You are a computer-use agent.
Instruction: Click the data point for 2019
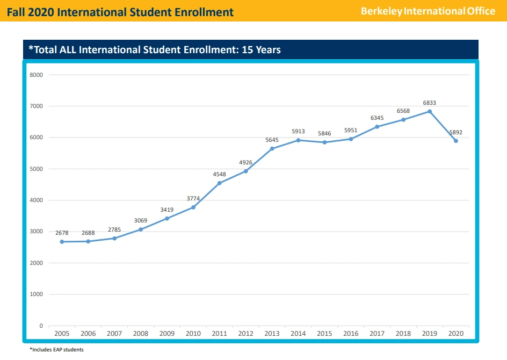(x=430, y=111)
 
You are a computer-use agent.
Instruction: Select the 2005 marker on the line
(x=62, y=242)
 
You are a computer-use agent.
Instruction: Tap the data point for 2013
(x=272, y=149)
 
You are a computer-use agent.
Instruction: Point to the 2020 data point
(x=456, y=141)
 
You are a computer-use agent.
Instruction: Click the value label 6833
(x=430, y=103)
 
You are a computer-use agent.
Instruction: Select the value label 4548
(x=219, y=174)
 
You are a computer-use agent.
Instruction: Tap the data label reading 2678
(x=62, y=233)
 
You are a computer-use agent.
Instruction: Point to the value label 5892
(x=455, y=132)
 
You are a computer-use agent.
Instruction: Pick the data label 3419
(x=166, y=210)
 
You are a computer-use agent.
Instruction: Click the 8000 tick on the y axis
(x=37, y=75)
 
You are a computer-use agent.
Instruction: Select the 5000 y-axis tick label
(x=37, y=169)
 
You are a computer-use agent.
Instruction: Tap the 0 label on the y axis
(x=41, y=326)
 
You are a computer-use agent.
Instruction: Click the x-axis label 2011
(x=219, y=334)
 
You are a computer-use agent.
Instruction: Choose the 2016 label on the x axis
(x=351, y=334)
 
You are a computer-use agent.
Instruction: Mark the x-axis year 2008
(x=141, y=334)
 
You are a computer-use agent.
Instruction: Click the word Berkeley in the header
(x=381, y=11)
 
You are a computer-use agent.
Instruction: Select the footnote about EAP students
(x=56, y=350)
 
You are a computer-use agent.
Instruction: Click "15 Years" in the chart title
(x=261, y=50)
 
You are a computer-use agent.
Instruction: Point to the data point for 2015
(x=324, y=142)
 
